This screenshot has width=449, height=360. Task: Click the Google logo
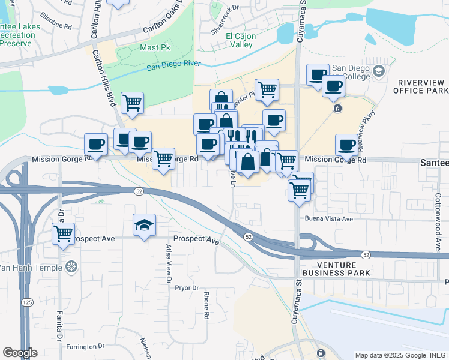click(x=20, y=353)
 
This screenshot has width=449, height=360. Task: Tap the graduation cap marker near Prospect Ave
click(x=144, y=226)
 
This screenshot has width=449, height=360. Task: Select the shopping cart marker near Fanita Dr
click(x=63, y=233)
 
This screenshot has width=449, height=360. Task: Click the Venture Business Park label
click(x=337, y=269)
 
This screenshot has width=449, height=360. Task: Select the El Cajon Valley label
click(x=241, y=40)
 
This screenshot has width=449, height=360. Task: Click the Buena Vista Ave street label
click(x=328, y=219)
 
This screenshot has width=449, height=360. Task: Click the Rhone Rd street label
click(x=206, y=305)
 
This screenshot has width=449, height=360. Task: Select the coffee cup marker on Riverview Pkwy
click(x=347, y=145)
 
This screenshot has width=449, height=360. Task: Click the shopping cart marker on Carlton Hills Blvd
click(x=132, y=103)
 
